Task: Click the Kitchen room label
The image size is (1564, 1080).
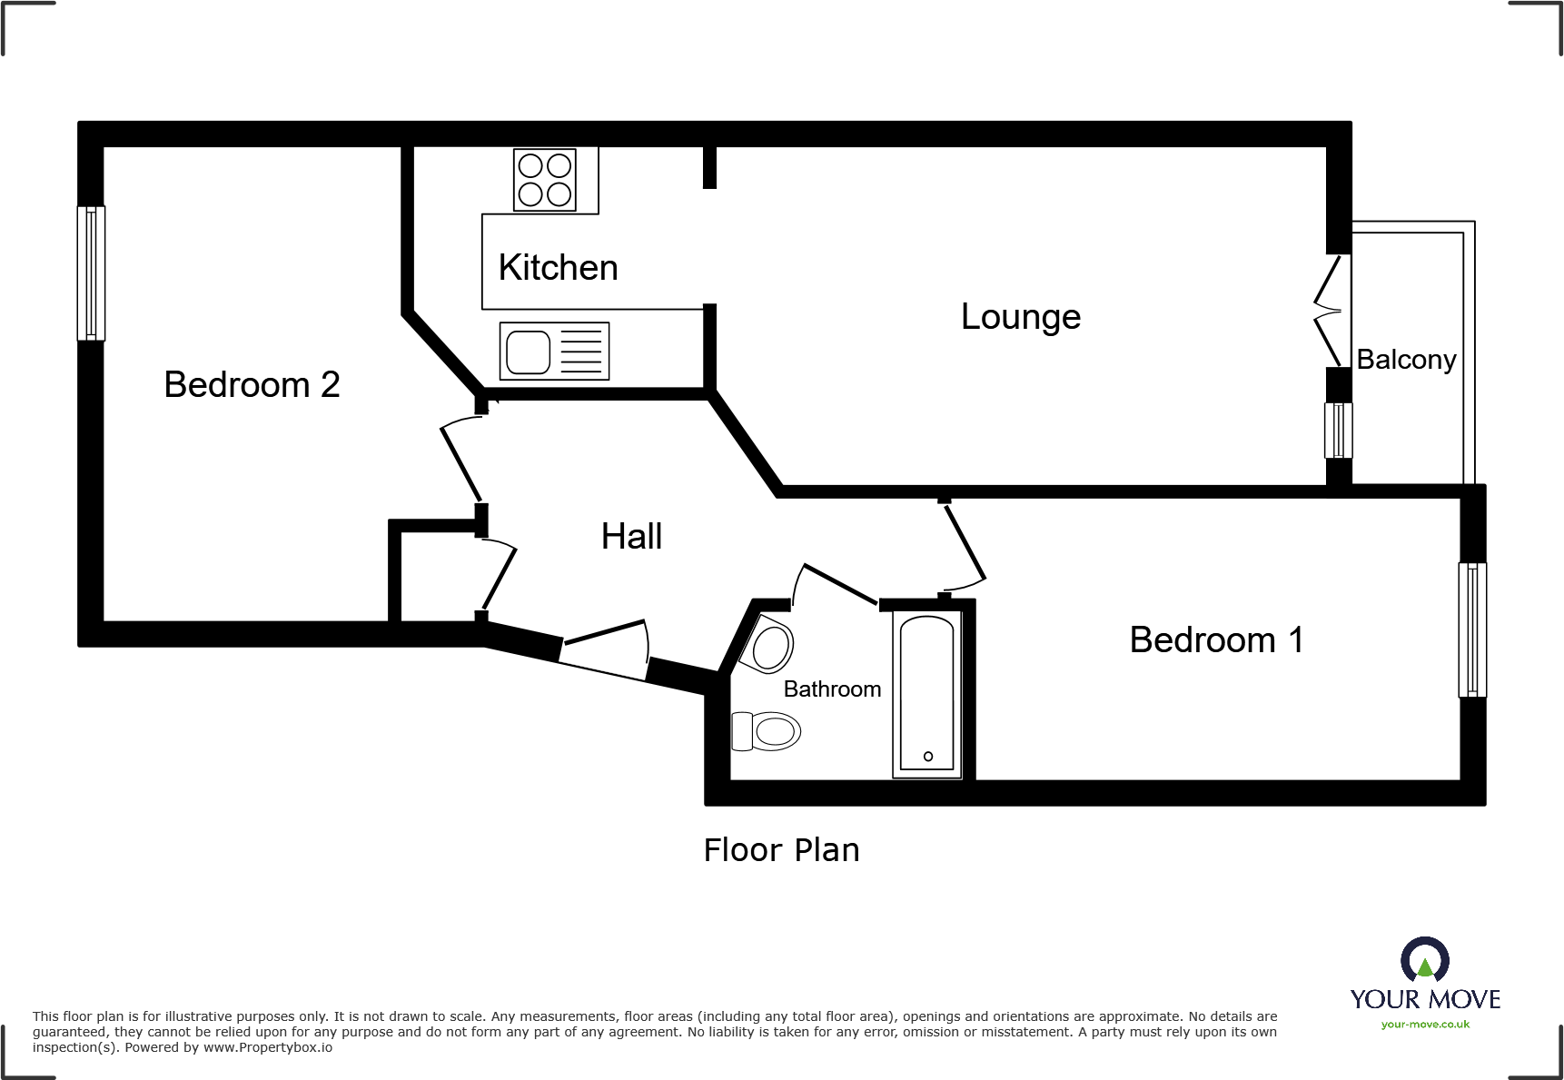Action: (558, 268)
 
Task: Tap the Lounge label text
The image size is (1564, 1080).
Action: (1020, 317)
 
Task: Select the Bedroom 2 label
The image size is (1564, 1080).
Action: (252, 385)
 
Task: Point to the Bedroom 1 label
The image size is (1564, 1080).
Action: (1216, 640)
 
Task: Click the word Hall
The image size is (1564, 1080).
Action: (631, 537)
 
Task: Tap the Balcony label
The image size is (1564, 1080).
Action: (1405, 360)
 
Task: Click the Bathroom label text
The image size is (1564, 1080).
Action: (832, 689)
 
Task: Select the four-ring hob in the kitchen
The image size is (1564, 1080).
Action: (544, 180)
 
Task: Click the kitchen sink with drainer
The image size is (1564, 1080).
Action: (554, 352)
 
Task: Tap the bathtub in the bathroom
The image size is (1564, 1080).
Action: (927, 694)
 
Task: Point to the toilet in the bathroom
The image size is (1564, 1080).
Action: (766, 731)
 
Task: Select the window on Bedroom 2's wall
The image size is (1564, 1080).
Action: (91, 272)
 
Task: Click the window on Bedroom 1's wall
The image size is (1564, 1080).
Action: (1472, 629)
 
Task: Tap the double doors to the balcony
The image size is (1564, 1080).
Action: (1330, 311)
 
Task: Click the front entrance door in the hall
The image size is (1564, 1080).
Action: (604, 649)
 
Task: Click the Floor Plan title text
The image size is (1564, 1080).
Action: (781, 850)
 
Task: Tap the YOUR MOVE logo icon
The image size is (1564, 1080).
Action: (1424, 959)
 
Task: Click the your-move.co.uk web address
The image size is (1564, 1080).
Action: (1424, 1025)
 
